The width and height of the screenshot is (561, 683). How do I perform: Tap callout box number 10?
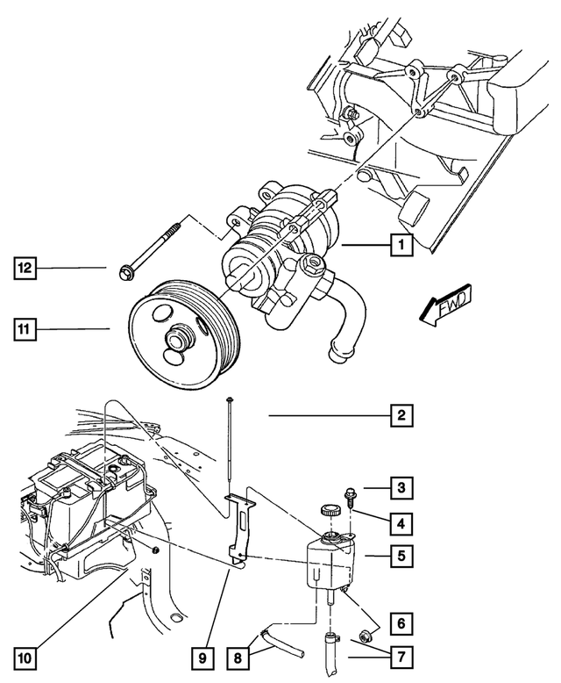[x=25, y=656]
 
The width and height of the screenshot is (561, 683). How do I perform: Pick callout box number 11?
[x=25, y=330]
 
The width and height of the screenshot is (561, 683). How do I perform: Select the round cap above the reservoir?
[x=330, y=510]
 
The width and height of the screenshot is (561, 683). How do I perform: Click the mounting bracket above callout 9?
[x=238, y=527]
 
